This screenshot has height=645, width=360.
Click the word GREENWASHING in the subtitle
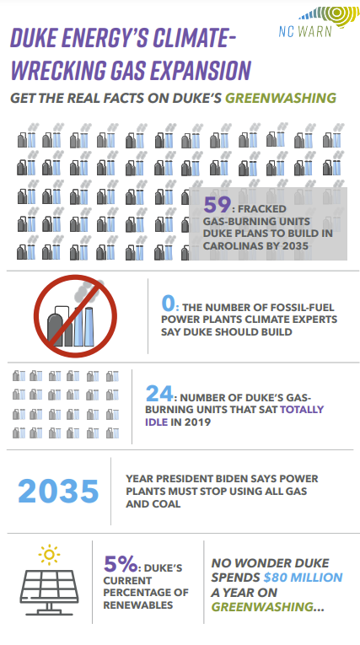[281, 98]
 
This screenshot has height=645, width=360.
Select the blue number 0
[169, 304]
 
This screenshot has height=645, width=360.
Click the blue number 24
[159, 394]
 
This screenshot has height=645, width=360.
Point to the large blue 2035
[58, 492]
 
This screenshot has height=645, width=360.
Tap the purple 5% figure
[120, 563]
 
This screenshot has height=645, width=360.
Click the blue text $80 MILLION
[303, 577]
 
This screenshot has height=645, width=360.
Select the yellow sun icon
[49, 555]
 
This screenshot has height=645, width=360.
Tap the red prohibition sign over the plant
[75, 316]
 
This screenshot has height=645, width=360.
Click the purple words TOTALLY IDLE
[234, 416]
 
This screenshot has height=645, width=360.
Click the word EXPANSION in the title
[201, 70]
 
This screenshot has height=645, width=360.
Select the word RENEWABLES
[137, 605]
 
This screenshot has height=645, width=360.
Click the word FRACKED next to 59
[261, 209]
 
